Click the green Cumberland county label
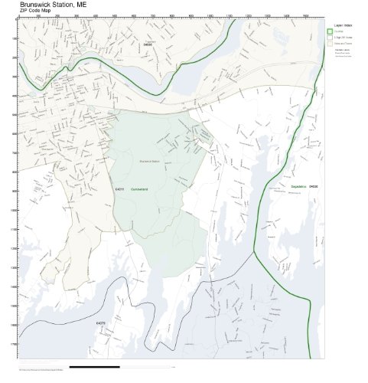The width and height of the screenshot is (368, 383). pyautogui.click(x=138, y=188)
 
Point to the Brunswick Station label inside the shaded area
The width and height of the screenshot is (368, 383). pyautogui.click(x=149, y=161)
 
